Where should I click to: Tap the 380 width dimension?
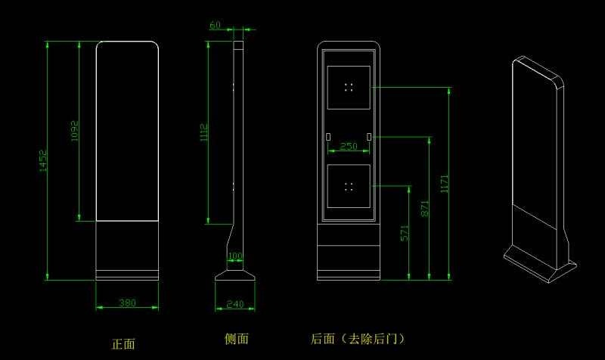127,303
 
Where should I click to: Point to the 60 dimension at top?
216,25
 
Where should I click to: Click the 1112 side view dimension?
203,134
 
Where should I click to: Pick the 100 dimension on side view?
235,256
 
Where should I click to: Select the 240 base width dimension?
235,304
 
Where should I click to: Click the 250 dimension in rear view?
349,147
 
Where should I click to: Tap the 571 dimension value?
405,232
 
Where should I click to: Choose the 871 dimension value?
425,208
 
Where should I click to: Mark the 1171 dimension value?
445,184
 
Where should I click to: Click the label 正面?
123,344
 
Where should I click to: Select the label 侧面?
237,339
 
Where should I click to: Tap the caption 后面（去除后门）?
357,339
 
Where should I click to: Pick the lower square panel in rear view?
349,186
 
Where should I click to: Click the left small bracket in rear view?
328,137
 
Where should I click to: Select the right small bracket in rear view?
369,137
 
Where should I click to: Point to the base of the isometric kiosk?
541,265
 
